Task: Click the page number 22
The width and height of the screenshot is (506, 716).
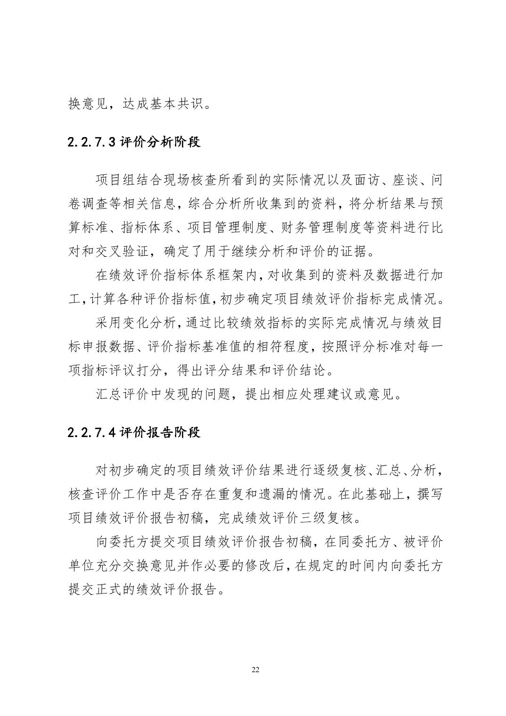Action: pos(256,670)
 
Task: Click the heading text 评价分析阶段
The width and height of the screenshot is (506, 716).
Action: pos(160,142)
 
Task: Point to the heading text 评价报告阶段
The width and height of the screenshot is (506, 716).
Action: pos(160,432)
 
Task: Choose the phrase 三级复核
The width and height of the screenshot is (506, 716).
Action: pos(327,518)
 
